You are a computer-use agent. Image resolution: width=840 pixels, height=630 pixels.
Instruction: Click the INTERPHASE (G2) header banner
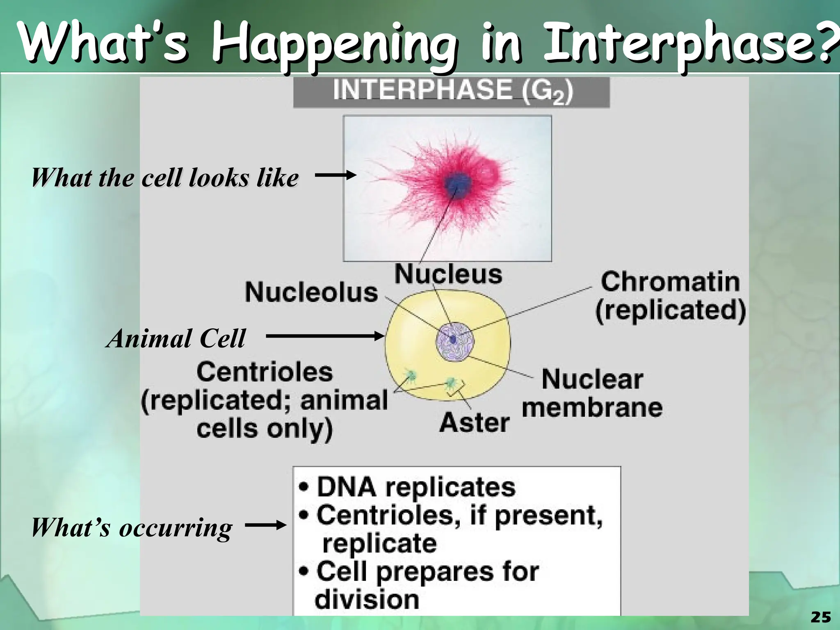pyautogui.click(x=451, y=92)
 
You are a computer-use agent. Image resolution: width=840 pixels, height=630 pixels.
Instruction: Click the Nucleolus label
pyautogui.click(x=311, y=292)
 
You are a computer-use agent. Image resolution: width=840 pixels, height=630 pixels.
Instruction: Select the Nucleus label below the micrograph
pyautogui.click(x=448, y=274)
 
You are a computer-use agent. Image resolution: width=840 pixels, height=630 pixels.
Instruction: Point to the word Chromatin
pyautogui.click(x=670, y=282)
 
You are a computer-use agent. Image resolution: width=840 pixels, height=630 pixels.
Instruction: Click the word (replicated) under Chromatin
pyautogui.click(x=670, y=310)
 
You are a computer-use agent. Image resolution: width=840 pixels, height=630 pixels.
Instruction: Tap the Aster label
pyautogui.click(x=474, y=422)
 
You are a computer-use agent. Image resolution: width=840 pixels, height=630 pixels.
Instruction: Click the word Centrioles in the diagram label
pyautogui.click(x=265, y=372)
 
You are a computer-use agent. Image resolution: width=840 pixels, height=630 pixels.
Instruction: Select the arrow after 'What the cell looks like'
pyautogui.click(x=335, y=176)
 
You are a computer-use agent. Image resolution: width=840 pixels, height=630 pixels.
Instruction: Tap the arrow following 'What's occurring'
pyautogui.click(x=265, y=525)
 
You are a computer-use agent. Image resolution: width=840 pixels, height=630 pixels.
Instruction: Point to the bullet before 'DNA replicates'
pyautogui.click(x=304, y=488)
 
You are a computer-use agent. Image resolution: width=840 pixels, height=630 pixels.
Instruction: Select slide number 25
pyautogui.click(x=821, y=617)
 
